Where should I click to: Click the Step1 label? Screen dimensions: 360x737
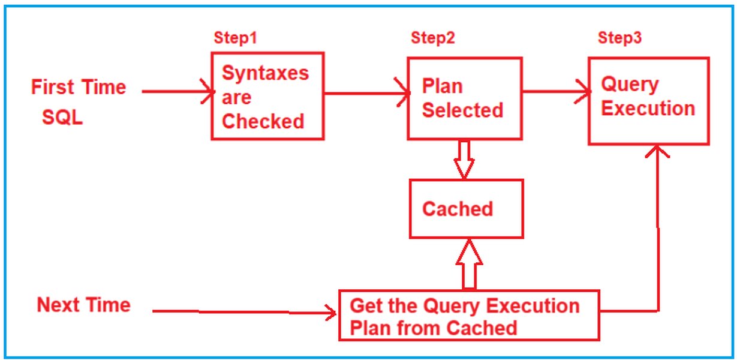click(235, 38)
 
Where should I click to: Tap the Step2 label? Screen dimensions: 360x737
click(432, 38)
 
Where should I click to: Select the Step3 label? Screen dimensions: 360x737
click(619, 38)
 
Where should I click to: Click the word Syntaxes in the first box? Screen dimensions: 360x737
click(265, 73)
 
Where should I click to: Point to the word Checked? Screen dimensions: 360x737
click(263, 121)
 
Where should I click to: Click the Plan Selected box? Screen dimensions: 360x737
click(464, 98)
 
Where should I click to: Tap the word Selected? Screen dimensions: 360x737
click(462, 110)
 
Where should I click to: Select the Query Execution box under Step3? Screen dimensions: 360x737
click(648, 100)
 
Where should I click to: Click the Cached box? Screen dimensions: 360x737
click(465, 208)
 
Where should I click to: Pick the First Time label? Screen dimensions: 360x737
click(79, 87)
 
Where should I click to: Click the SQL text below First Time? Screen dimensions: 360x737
click(62, 118)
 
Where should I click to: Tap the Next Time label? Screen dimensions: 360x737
click(83, 305)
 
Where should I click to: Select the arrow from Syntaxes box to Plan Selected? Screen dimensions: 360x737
click(366, 93)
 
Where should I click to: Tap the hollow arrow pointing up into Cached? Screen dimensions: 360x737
click(469, 264)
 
